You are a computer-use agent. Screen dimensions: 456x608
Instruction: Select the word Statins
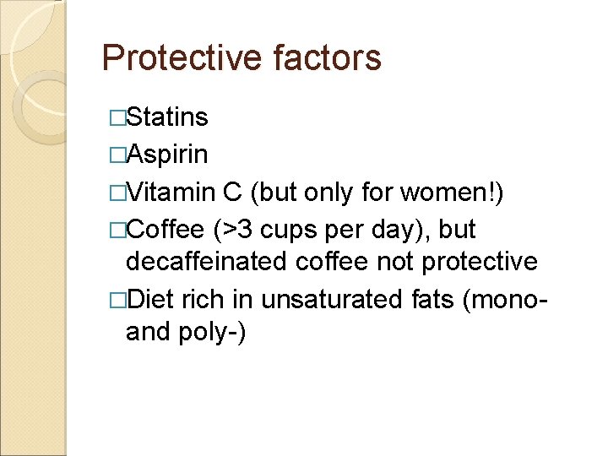coord(167,117)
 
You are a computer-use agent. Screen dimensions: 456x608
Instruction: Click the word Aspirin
coord(167,155)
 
